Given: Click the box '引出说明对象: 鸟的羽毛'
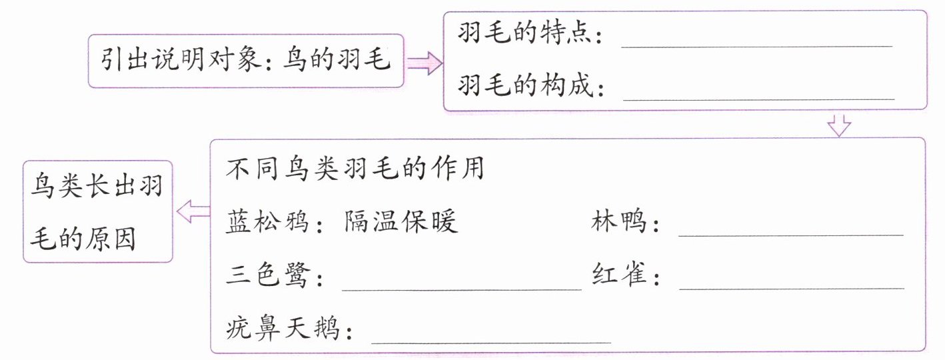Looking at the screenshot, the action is point(246,61).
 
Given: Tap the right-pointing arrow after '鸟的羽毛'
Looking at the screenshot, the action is point(424,63).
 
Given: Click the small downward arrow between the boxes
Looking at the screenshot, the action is point(839,125).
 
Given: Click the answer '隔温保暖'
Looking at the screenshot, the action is point(401,222).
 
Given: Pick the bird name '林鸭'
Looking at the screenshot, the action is point(618,222).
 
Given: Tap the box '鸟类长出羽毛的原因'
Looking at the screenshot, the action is point(97,211).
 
